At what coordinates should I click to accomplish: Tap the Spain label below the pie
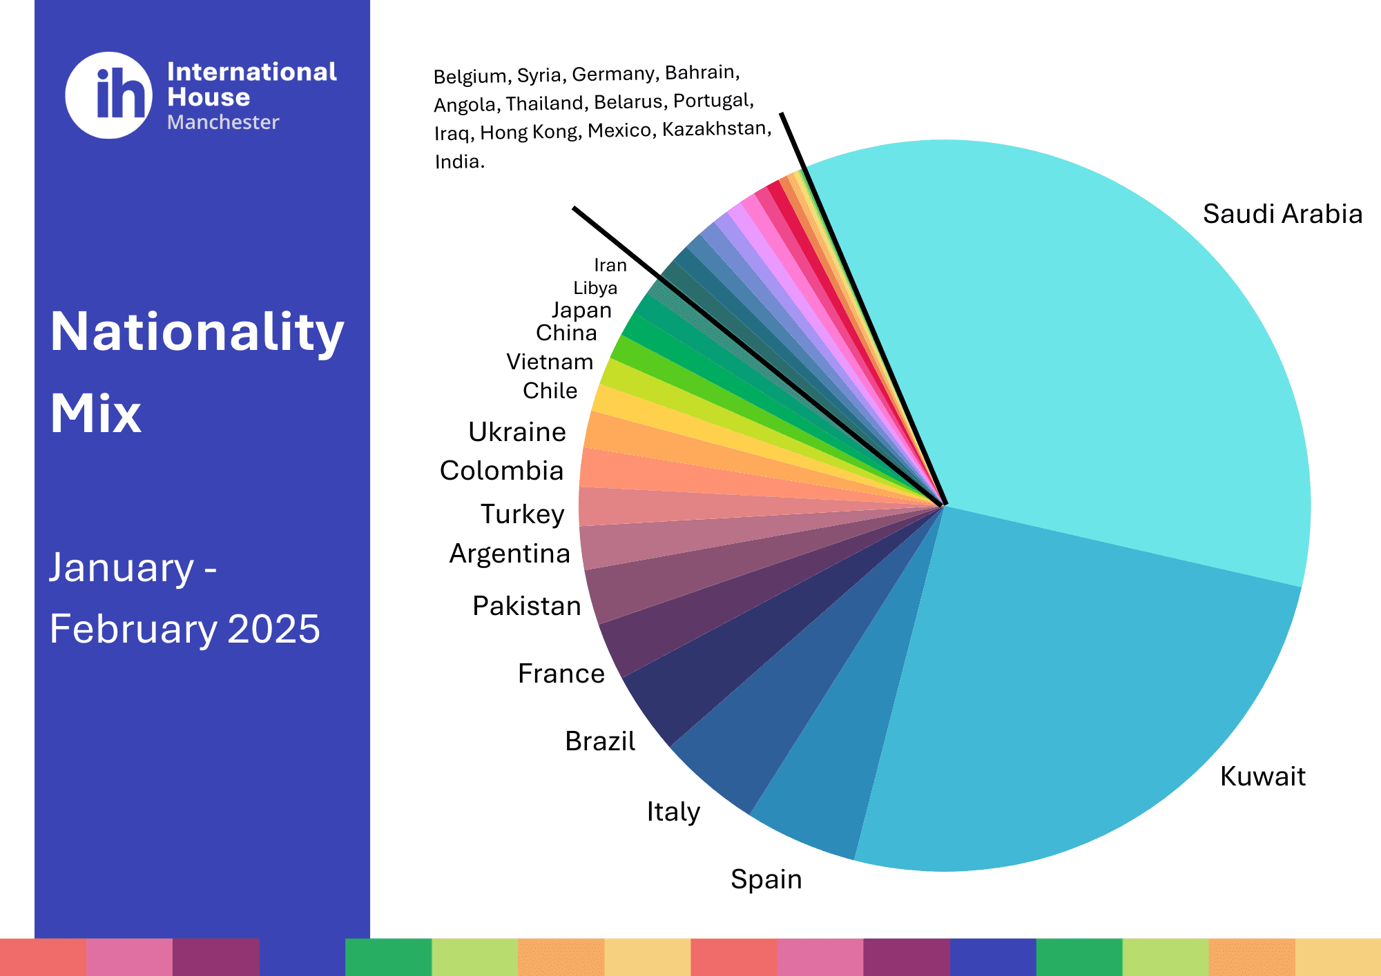click(766, 879)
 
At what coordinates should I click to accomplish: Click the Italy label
click(673, 812)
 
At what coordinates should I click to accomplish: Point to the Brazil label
click(600, 741)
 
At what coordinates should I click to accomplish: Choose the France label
click(561, 674)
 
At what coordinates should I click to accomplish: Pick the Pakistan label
click(527, 606)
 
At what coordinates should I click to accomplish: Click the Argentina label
click(510, 554)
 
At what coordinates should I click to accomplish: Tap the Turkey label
click(523, 514)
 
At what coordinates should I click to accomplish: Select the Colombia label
click(502, 471)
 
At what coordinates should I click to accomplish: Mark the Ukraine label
click(517, 432)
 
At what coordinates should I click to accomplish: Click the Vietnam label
click(550, 362)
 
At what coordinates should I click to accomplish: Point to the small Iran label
click(610, 265)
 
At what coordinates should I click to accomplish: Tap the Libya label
click(595, 288)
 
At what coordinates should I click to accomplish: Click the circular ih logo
click(109, 95)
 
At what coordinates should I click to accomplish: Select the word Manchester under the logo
click(223, 122)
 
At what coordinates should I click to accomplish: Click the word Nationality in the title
click(197, 333)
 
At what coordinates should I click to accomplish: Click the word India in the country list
click(459, 162)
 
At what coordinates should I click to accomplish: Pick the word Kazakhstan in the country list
click(715, 129)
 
